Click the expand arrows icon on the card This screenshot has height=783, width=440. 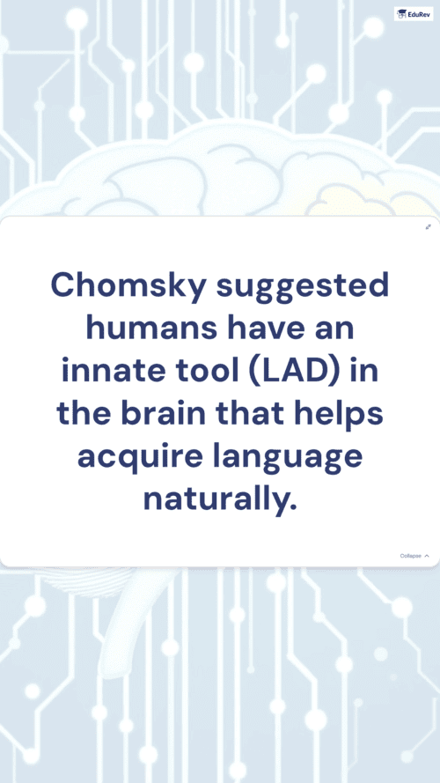(428, 226)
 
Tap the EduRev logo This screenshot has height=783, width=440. (414, 14)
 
